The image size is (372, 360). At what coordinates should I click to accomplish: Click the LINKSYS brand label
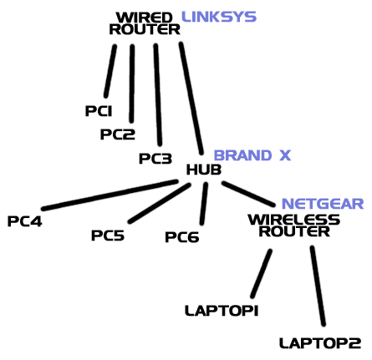[219, 17]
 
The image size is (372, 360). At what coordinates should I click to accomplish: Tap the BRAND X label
[252, 155]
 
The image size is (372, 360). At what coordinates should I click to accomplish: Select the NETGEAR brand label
[323, 204]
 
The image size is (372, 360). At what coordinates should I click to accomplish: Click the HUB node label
[204, 170]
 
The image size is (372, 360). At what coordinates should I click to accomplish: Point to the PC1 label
[99, 111]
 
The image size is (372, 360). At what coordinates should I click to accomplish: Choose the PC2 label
[118, 134]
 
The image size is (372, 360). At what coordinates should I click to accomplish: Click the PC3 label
[155, 159]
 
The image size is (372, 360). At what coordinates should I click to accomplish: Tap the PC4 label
[25, 221]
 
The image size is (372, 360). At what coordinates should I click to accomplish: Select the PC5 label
[108, 236]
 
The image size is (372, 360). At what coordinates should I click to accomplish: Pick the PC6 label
[182, 237]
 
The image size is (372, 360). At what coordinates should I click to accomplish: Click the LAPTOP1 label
[222, 311]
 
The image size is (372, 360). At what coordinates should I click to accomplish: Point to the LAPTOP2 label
[320, 343]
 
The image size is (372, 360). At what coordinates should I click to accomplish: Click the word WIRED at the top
[145, 18]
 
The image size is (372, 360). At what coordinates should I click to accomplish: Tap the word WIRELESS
[294, 220]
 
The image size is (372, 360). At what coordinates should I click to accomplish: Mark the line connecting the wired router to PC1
[110, 71]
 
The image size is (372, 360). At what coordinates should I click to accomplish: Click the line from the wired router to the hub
[191, 99]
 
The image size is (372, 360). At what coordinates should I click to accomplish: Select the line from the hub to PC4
[110, 195]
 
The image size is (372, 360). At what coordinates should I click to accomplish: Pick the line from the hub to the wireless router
[248, 194]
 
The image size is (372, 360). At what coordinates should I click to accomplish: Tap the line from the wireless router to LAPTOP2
[318, 286]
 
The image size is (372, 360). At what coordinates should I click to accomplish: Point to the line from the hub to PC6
[204, 204]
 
